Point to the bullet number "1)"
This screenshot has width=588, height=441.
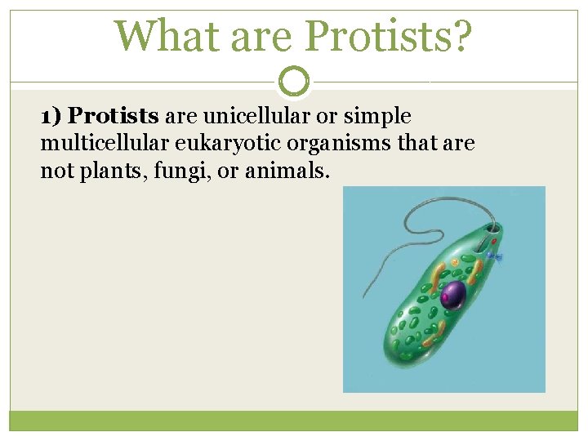(51, 117)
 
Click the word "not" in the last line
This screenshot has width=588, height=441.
(54, 172)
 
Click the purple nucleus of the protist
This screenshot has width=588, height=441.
(452, 294)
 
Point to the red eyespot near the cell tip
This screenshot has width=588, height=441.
(491, 242)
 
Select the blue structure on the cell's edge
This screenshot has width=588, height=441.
(494, 257)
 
